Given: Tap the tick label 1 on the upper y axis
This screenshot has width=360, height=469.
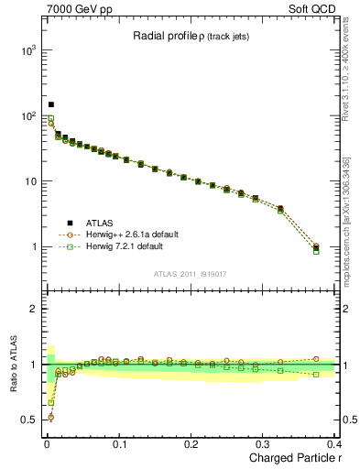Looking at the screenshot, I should [33, 247].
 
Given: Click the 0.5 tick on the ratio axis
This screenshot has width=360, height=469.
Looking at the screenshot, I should [28, 420].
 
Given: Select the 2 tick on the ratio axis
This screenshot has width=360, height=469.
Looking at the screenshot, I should [33, 309].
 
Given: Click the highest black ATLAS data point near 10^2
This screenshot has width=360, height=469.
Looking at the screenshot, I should [51, 104].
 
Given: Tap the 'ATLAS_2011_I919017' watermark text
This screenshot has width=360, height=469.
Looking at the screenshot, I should [191, 273].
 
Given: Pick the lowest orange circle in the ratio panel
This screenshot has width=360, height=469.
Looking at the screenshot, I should [50, 417].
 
